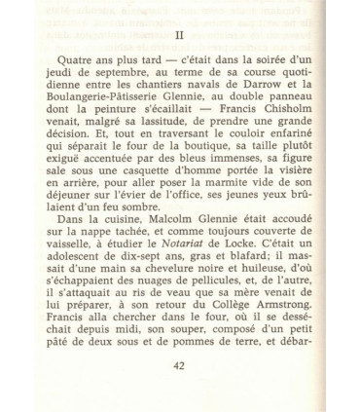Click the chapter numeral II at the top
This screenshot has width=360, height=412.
(179, 32)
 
